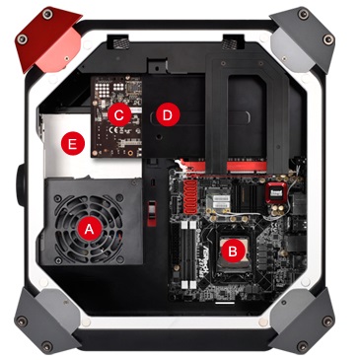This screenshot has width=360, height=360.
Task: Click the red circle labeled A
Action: click(x=89, y=229)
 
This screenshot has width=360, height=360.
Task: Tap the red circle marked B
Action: click(x=232, y=252)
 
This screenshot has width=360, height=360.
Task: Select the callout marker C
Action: click(x=119, y=114)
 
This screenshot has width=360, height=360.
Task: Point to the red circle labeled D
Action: click(x=168, y=115)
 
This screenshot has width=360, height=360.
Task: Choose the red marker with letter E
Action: click(x=73, y=143)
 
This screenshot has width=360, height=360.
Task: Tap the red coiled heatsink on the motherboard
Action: click(x=191, y=196)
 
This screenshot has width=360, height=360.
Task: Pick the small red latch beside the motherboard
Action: click(x=152, y=214)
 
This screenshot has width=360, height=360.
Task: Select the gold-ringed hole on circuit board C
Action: click(x=130, y=153)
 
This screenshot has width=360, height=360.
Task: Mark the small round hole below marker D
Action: click(x=159, y=135)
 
